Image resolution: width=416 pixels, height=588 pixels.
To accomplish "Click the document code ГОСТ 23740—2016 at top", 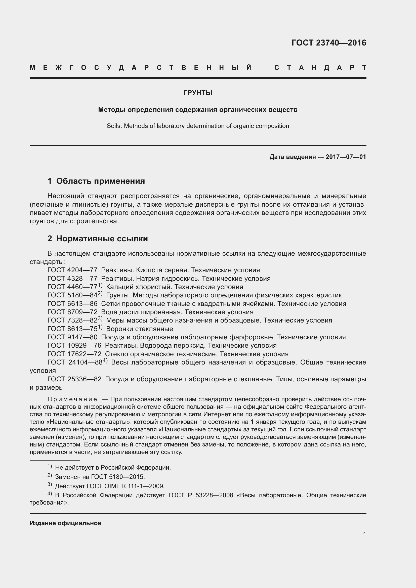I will click(x=329, y=43).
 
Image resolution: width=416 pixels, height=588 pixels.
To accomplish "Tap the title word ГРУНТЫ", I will click(x=198, y=93).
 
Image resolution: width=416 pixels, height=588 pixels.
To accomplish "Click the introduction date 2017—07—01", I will click(x=346, y=157).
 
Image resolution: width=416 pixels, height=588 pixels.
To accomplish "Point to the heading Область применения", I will click(x=100, y=181).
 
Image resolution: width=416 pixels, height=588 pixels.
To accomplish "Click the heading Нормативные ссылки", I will click(x=102, y=239).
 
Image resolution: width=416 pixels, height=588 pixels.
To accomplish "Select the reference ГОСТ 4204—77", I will click(x=72, y=270).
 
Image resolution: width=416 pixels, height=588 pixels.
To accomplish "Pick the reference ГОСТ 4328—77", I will click(x=72, y=279).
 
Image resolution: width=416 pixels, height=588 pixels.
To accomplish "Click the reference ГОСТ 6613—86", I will click(x=72, y=304).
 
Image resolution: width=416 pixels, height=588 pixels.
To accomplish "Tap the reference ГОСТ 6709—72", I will click(x=72, y=312).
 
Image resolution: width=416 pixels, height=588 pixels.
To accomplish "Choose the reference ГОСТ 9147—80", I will click(x=72, y=337).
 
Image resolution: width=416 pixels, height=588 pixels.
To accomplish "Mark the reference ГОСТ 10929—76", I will click(x=74, y=346).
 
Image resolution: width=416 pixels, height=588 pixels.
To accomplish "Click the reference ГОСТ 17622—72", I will click(x=74, y=354).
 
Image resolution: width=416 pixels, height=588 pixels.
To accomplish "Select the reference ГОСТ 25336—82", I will click(x=74, y=379).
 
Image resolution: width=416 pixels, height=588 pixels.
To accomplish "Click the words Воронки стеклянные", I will click(x=139, y=329).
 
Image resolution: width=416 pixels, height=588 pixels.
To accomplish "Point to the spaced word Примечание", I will click(x=72, y=399).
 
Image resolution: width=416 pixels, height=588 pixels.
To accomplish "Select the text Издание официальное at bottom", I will click(x=65, y=523).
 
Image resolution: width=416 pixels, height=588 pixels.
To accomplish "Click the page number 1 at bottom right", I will click(x=364, y=534).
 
